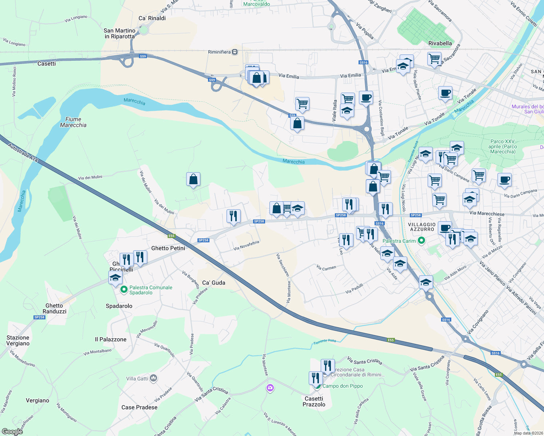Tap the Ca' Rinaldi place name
click(x=152, y=18)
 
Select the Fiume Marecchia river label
click(x=73, y=122)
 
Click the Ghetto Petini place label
click(x=168, y=248)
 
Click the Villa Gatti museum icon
click(x=153, y=379)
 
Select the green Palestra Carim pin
click(x=421, y=241)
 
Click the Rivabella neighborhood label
click(x=440, y=43)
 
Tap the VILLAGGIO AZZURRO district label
click(x=422, y=227)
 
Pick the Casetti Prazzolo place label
click(x=314, y=401)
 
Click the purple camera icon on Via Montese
click(x=270, y=388)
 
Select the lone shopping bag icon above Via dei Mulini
click(x=193, y=179)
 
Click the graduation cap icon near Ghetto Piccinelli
click(x=115, y=278)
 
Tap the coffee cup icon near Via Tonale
click(x=445, y=93)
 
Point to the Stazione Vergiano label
click(x=18, y=340)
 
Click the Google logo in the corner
click(x=12, y=432)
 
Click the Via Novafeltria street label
click(x=247, y=246)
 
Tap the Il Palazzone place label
click(x=111, y=339)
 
